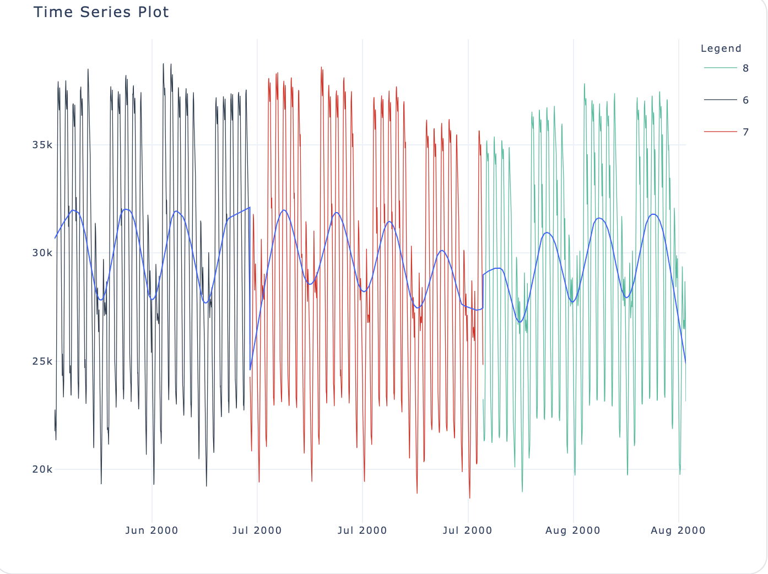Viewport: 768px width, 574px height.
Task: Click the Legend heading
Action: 721,48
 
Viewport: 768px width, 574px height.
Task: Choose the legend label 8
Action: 745,68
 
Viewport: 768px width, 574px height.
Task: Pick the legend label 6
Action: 745,100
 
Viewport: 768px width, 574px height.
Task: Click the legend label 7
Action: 745,132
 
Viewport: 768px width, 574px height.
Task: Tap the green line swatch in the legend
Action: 720,68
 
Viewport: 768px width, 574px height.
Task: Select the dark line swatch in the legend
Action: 720,100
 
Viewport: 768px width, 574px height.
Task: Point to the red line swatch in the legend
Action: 720,132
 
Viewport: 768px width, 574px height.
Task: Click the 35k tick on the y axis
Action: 42,145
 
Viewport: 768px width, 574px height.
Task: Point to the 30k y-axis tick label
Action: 42,253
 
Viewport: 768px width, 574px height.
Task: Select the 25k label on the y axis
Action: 42,361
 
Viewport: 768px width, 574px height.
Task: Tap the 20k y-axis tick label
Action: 42,470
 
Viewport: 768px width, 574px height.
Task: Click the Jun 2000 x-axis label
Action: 152,530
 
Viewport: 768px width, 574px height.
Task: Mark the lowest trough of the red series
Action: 469,498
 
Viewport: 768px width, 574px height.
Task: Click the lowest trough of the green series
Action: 522,491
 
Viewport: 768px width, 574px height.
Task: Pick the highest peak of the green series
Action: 584,84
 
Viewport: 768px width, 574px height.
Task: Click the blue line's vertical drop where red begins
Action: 250,286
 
